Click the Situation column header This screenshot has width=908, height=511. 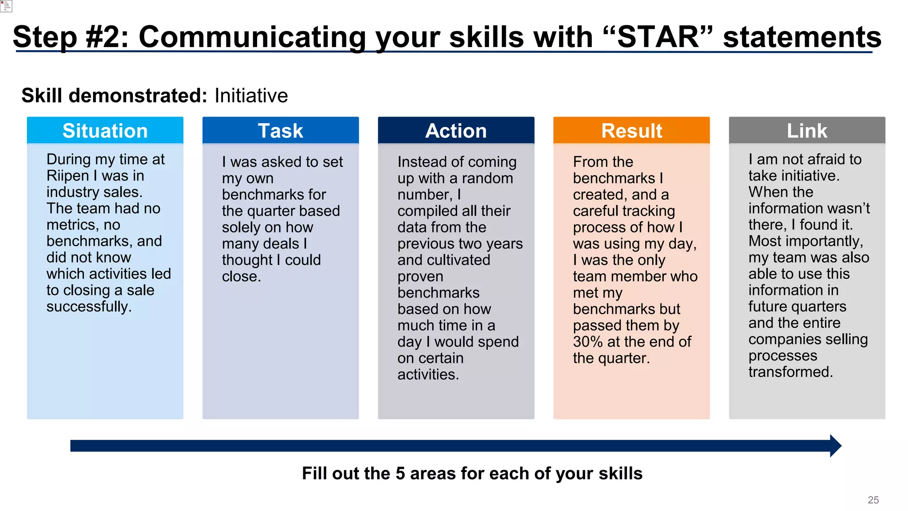tap(105, 131)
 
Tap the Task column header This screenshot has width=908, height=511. tap(280, 131)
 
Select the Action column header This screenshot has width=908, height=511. tap(456, 131)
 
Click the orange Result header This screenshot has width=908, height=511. tap(631, 131)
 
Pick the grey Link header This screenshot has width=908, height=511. tap(807, 131)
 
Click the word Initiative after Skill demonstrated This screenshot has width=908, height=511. tap(251, 96)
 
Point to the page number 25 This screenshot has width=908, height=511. tap(873, 500)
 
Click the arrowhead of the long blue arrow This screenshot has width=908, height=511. tap(835, 446)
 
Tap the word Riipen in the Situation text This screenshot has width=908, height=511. tap(68, 176)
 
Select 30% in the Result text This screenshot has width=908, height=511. tap(587, 342)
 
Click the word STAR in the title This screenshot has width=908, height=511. tap(658, 37)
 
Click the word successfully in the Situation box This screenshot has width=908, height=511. tap(89, 307)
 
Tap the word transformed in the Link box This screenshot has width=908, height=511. tap(791, 372)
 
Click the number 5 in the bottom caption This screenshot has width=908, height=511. tap(400, 474)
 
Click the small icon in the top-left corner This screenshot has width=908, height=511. tap(6, 6)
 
